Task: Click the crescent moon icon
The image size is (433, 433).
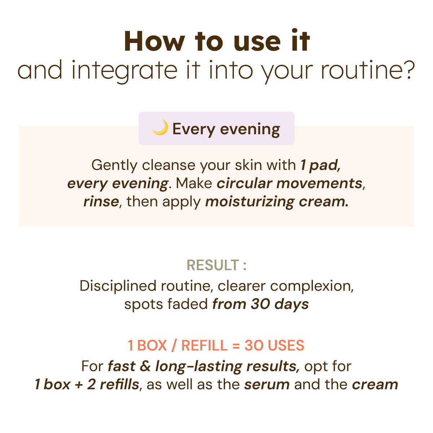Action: (x=160, y=128)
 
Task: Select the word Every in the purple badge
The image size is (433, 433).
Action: (x=193, y=129)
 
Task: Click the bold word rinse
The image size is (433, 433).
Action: (x=101, y=201)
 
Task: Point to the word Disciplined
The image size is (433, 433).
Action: (x=118, y=286)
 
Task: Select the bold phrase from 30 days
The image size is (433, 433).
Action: (x=261, y=304)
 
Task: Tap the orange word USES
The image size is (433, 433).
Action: (x=286, y=346)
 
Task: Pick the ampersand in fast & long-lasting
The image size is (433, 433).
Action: (x=145, y=366)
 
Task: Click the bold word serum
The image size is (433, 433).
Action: (x=267, y=384)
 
